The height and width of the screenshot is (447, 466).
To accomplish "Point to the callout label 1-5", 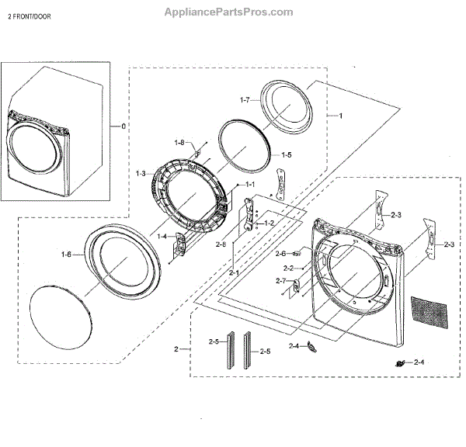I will coord(287,154).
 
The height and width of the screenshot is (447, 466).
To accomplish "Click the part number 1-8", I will coord(179,143).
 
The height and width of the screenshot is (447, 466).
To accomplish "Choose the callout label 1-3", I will coord(141,173).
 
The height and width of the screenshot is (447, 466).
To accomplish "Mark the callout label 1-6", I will coord(65,254).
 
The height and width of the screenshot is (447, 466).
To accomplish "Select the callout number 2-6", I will coord(280,254).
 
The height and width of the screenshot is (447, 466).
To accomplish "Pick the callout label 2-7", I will coord(280,280).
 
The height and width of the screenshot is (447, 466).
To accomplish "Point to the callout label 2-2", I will coord(287,268).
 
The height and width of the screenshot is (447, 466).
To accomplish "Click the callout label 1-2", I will coord(269,223).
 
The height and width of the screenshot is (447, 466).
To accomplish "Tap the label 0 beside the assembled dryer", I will coord(122,126).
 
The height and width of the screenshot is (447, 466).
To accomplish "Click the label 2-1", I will coord(234,273).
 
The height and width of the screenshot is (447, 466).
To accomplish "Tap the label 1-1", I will coord(250,185).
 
